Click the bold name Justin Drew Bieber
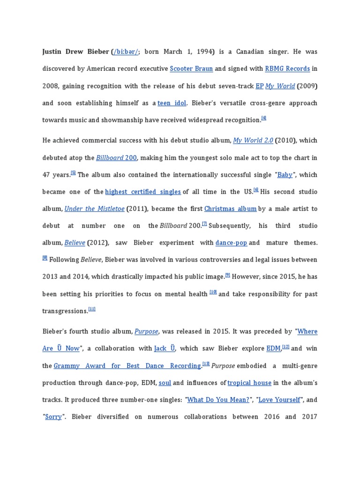75,52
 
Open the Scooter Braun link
191,68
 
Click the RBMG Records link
287,68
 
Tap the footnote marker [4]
264,118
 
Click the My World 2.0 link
253,140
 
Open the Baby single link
285,174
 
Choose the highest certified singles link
143,192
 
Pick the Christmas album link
230,209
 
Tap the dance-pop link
231,243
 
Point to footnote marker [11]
92,309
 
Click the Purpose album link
146,331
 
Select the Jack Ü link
165,348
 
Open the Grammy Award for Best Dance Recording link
127,366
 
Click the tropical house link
249,382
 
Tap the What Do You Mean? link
218,400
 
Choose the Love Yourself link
279,400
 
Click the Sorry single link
53,417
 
